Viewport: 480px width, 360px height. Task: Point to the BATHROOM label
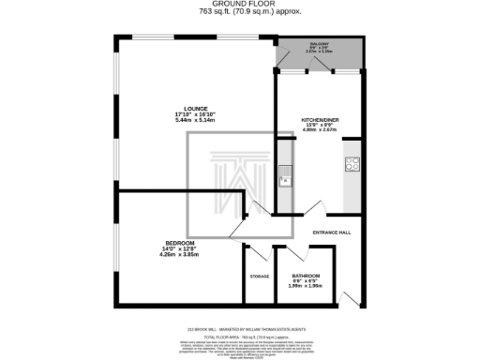tap(306, 276)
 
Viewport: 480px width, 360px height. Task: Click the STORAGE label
tap(260, 277)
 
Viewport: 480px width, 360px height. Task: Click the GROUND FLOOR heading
tap(239, 5)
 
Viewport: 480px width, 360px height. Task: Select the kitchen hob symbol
tap(353, 166)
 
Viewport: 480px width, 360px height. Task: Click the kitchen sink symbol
tap(285, 171)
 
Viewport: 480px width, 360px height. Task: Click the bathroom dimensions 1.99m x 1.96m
tap(306, 286)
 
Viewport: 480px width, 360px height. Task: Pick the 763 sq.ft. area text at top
tap(239, 13)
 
